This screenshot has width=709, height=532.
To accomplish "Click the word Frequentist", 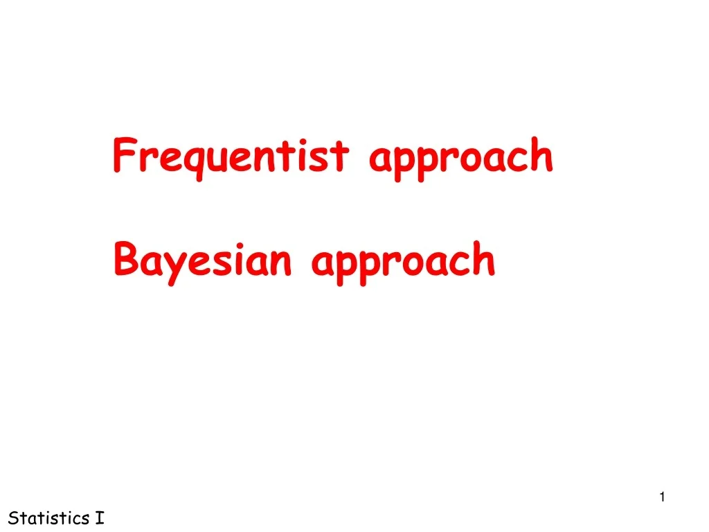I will click(231, 157).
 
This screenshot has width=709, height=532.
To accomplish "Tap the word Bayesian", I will click(202, 260).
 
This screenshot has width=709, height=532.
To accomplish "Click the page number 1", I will click(663, 497).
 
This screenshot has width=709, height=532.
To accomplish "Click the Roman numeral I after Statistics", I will click(100, 517).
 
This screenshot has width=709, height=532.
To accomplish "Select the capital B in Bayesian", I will click(125, 259).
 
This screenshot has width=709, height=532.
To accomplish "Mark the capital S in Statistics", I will click(12, 517).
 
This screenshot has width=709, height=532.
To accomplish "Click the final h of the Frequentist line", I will click(543, 155).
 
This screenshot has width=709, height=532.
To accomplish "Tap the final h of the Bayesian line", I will click(485, 259).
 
